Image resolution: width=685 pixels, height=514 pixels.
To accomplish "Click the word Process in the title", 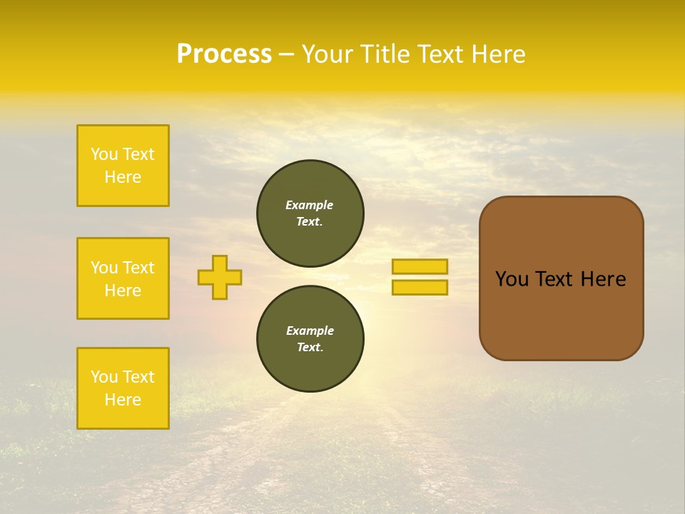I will tap(224, 54).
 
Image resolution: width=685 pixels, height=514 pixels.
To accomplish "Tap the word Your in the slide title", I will tap(328, 54).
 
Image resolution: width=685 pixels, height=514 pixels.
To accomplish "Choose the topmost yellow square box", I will tap(123, 166).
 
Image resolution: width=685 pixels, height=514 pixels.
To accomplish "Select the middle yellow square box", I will tap(123, 278).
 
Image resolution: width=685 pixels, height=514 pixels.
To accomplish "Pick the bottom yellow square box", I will tap(123, 388).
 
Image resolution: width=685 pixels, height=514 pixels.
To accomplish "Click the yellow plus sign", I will tap(220, 277).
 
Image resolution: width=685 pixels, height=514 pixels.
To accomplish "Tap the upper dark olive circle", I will tap(310, 213).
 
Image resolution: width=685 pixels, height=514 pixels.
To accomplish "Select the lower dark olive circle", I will tap(310, 339).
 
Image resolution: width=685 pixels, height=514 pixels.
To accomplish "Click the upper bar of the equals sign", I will tap(420, 266).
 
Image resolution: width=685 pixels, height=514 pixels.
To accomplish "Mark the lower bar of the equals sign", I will tap(420, 288).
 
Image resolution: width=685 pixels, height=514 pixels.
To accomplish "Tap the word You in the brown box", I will tap(512, 279).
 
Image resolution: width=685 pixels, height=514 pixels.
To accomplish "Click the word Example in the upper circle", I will tap(309, 205).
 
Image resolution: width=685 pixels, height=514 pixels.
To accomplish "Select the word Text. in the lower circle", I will tap(310, 348).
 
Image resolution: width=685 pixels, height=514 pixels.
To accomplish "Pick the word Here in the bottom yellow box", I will tap(123, 400).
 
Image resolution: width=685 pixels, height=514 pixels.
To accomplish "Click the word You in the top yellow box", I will tap(103, 154).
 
